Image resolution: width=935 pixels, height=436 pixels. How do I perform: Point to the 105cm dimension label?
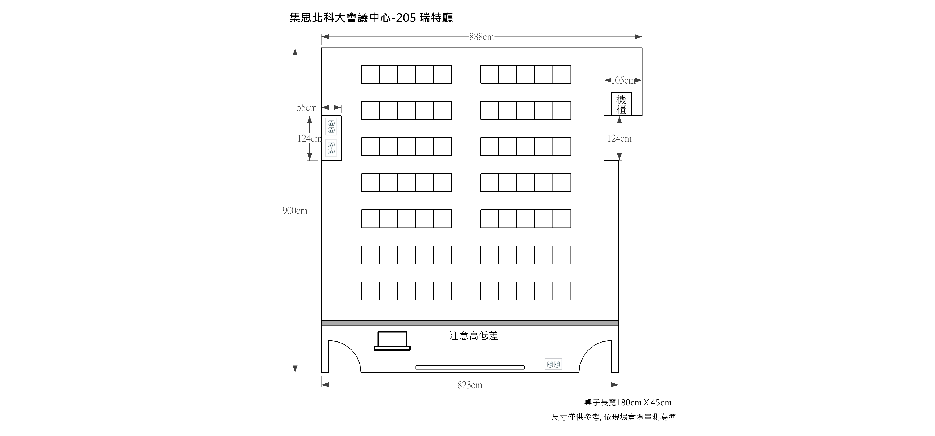pyautogui.click(x=623, y=80)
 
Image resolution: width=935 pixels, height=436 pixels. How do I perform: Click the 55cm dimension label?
pyautogui.click(x=307, y=108)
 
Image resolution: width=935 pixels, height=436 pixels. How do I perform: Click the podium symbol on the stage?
pyautogui.click(x=392, y=341)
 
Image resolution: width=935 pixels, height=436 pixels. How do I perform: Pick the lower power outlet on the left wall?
pyautogui.click(x=331, y=148)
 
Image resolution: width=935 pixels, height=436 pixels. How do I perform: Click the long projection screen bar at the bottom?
pyautogui.click(x=470, y=368)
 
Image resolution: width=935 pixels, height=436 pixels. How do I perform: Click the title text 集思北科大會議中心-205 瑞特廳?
pyautogui.click(x=371, y=18)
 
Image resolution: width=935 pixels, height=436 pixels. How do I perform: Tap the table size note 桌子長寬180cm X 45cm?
pyautogui.click(x=628, y=403)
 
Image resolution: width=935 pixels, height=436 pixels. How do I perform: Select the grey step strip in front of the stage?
pyautogui.click(x=470, y=323)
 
